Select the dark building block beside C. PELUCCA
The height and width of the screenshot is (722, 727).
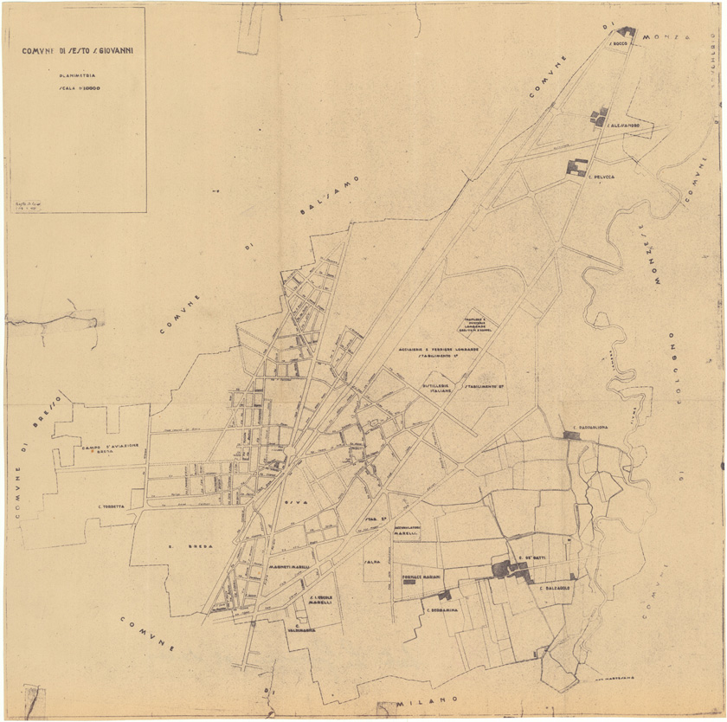(576, 167)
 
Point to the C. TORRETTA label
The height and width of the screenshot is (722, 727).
(112, 506)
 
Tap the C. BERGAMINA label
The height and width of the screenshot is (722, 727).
(441, 609)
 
